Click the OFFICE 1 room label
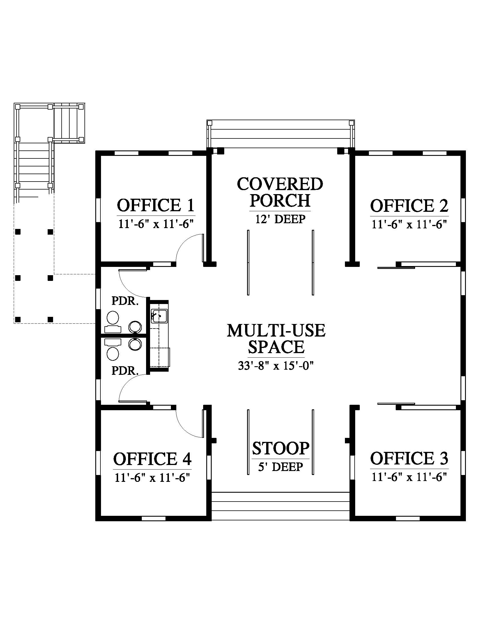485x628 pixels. [156, 205]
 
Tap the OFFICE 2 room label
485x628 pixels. [409, 206]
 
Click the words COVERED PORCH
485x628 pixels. [280, 192]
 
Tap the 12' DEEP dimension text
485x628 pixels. [280, 220]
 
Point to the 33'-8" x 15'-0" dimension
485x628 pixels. [276, 366]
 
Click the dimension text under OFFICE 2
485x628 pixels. [409, 224]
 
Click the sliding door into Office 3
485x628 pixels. [396, 404]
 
